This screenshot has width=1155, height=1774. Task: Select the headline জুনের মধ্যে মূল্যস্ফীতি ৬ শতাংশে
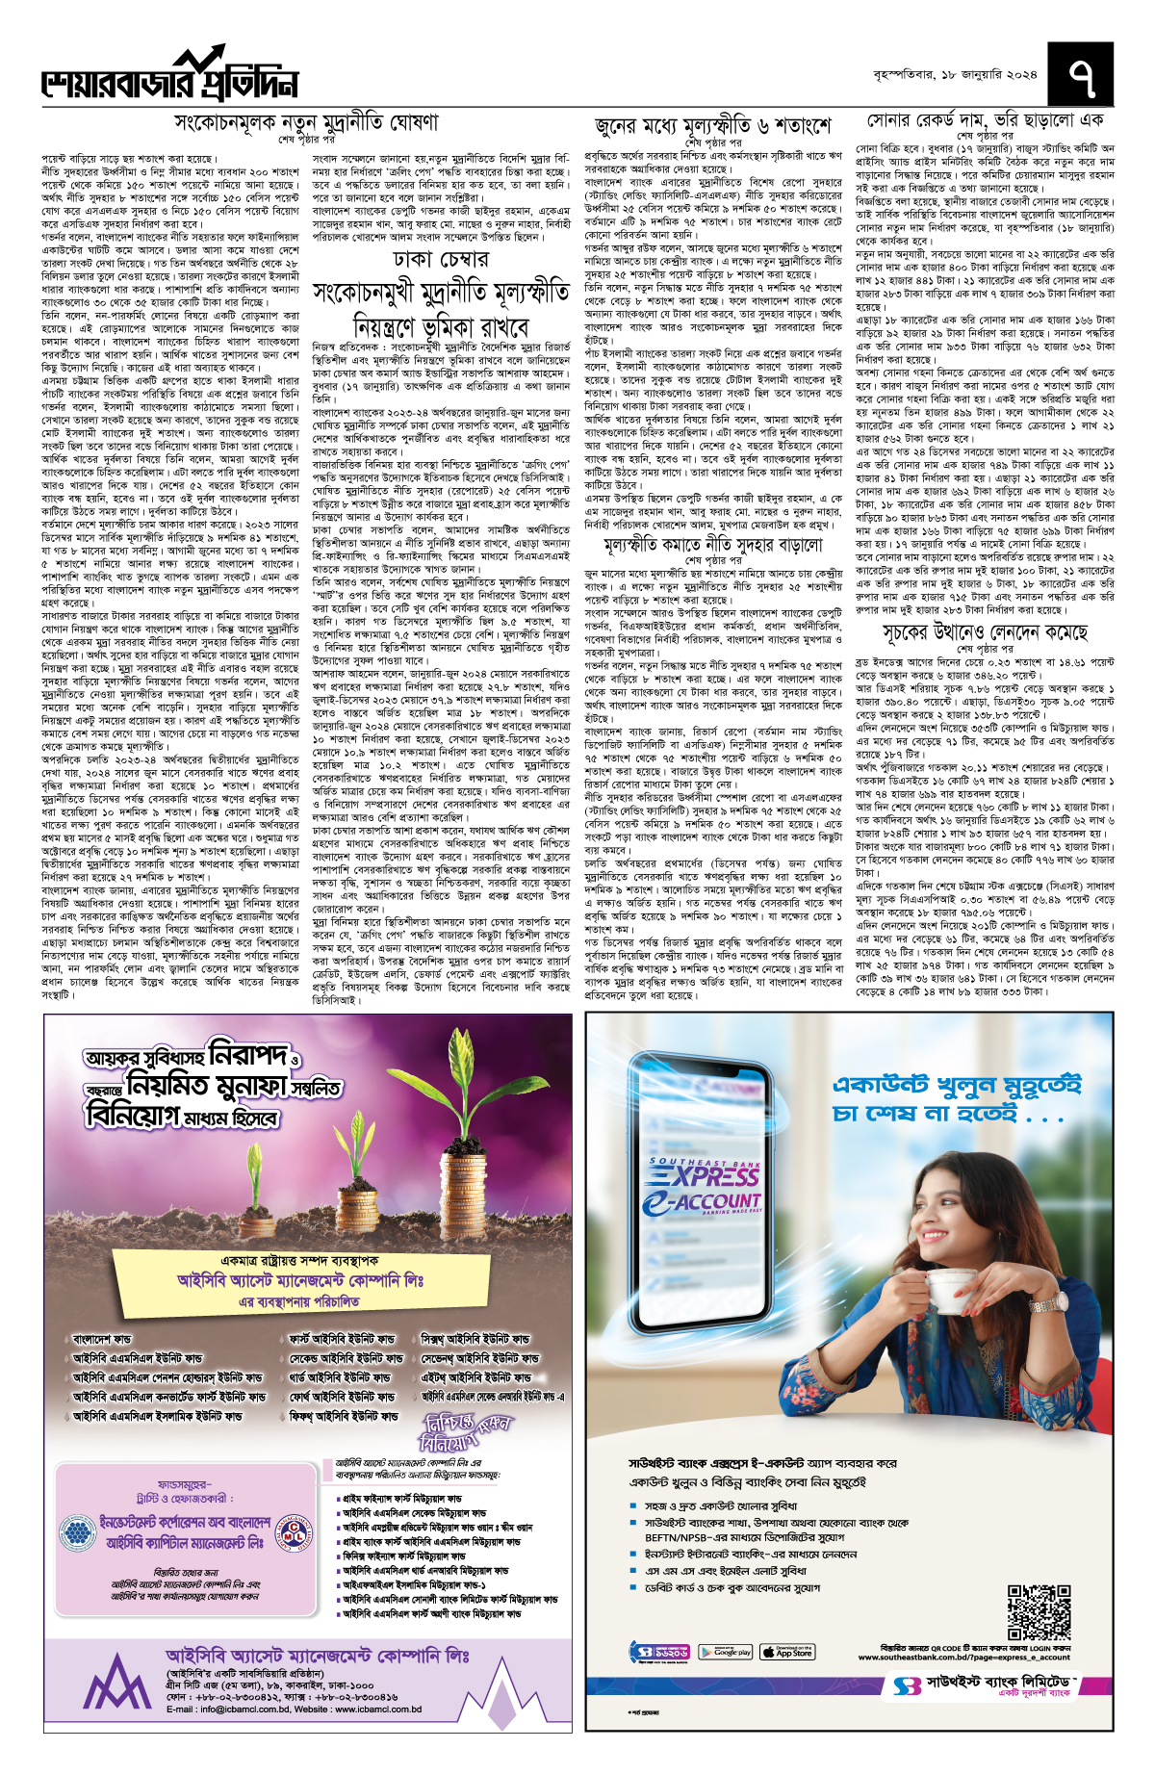pyautogui.click(x=712, y=126)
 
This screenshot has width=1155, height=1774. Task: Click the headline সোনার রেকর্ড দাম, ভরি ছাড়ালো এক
pyautogui.click(x=985, y=121)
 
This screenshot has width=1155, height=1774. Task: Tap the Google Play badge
pyautogui.click(x=726, y=1652)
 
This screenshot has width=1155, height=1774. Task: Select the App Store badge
pyautogui.click(x=786, y=1652)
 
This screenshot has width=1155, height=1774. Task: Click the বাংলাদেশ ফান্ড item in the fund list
pyautogui.click(x=102, y=1339)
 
